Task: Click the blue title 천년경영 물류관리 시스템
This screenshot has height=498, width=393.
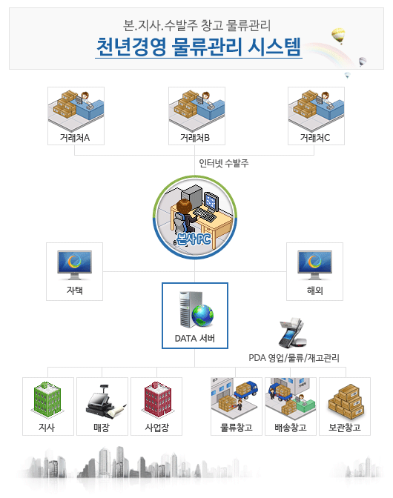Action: pyautogui.click(x=199, y=47)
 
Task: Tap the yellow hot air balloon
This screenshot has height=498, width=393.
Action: pyautogui.click(x=338, y=35)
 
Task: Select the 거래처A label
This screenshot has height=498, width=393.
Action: pyautogui.click(x=75, y=138)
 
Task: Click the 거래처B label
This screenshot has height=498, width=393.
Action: pyautogui.click(x=195, y=138)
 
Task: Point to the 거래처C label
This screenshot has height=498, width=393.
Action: pyautogui.click(x=315, y=138)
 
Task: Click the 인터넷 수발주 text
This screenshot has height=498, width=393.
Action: pyautogui.click(x=224, y=163)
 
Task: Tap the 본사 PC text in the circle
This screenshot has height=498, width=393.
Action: pyautogui.click(x=194, y=239)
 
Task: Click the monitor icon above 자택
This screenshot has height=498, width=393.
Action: pyautogui.click(x=75, y=265)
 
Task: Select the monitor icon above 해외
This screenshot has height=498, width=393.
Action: pyautogui.click(x=315, y=265)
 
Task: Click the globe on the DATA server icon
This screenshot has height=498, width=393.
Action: pyautogui.click(x=202, y=316)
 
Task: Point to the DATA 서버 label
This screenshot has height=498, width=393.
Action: pyautogui.click(x=195, y=338)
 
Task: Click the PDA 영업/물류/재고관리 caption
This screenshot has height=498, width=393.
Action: pyautogui.click(x=294, y=358)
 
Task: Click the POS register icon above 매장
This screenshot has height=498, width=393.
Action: pyautogui.click(x=103, y=401)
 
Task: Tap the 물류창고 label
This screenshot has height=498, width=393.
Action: pyautogui.click(x=237, y=428)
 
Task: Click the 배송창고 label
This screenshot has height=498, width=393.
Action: pyautogui.click(x=291, y=428)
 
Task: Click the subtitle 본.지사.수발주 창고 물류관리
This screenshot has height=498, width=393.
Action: pyautogui.click(x=196, y=25)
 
